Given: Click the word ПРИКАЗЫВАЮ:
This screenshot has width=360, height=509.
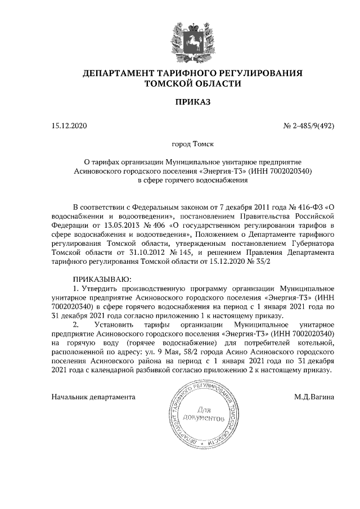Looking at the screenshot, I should tap(102, 279).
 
